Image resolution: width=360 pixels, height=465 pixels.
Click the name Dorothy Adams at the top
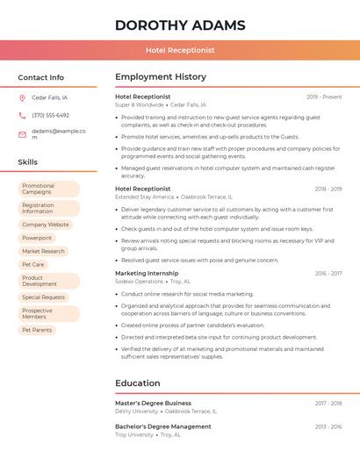[180, 25]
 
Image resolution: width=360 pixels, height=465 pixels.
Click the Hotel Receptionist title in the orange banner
[180, 50]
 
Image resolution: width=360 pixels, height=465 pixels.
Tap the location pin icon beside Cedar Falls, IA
[22, 97]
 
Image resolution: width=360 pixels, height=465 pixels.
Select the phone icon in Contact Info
[22, 115]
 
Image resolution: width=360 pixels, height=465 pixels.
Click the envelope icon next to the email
[22, 134]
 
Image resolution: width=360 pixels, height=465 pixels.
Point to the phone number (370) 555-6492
[50, 115]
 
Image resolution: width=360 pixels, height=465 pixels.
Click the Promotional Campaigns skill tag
[48, 189]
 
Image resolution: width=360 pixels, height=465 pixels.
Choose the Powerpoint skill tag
[37, 238]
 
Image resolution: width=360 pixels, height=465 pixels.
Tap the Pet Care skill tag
[33, 264]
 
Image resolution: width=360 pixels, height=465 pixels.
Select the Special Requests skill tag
[44, 297]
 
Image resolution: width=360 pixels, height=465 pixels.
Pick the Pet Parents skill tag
[37, 330]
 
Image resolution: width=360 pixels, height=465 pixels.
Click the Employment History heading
[161, 77]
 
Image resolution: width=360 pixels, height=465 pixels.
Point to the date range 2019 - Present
[324, 97]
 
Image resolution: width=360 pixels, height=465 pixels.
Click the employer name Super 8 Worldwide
[140, 104]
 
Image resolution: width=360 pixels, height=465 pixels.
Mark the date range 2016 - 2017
[328, 273]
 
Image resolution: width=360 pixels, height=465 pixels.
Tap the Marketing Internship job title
[147, 273]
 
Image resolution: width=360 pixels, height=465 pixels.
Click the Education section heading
[138, 383]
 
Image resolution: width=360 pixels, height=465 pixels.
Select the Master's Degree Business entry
[153, 403]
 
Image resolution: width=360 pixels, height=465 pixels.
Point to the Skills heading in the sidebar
[28, 162]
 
